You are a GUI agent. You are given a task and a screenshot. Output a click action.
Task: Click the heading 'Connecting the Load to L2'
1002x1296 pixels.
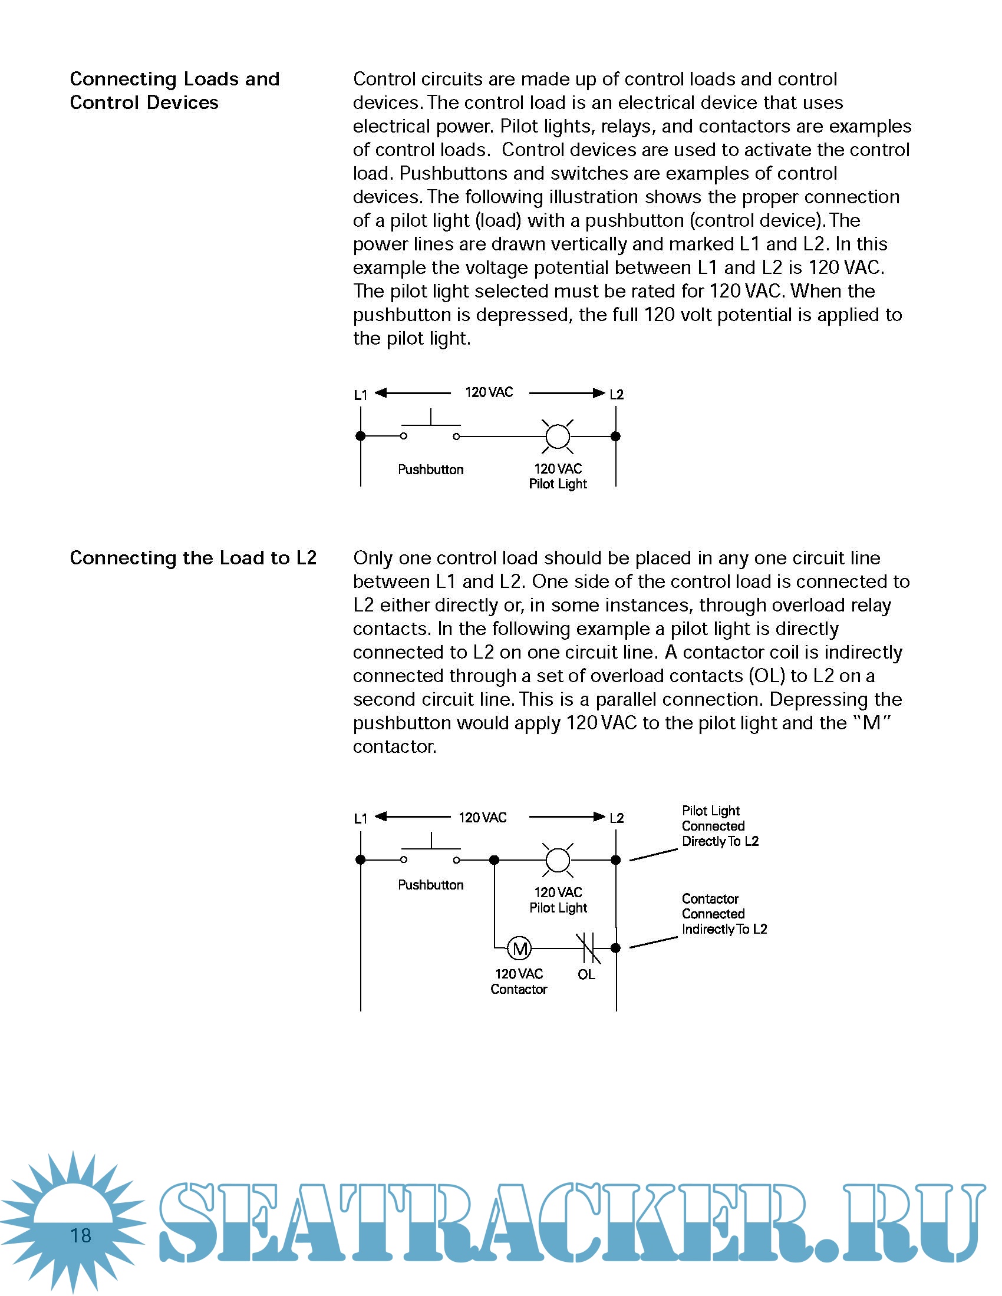point(193,558)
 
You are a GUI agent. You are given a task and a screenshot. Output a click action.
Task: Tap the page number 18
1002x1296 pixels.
point(81,1235)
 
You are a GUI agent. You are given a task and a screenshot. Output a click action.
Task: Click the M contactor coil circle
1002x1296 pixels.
point(520,948)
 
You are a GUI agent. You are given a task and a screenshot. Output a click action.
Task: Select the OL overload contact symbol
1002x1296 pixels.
point(588,948)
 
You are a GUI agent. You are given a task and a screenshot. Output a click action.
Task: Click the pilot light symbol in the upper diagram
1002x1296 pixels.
point(558,436)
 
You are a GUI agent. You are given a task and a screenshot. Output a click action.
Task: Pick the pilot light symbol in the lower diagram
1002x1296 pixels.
point(558,859)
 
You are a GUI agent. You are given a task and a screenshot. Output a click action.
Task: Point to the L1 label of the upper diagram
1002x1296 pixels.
point(360,395)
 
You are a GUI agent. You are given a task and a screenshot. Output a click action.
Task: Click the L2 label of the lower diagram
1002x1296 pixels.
point(617,818)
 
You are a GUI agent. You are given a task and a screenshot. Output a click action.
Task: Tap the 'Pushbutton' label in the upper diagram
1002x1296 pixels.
point(430,470)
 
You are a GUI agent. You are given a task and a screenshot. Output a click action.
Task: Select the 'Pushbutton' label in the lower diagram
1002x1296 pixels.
point(430,885)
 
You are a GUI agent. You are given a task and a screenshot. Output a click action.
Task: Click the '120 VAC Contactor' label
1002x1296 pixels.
point(519,981)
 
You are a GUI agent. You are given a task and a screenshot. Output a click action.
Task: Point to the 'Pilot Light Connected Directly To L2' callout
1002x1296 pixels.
point(720,826)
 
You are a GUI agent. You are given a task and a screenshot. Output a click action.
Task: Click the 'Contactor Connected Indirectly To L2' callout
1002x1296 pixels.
point(724,914)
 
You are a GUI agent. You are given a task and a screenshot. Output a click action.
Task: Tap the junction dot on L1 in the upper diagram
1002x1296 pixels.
point(360,436)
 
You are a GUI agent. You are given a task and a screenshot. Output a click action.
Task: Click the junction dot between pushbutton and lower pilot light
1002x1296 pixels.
point(494,860)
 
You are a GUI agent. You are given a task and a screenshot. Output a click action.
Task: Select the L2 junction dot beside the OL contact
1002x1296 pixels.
point(615,948)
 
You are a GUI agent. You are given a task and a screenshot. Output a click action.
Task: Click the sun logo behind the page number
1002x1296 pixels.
point(72,1222)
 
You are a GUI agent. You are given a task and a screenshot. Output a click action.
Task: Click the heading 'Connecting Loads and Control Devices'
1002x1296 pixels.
point(174,91)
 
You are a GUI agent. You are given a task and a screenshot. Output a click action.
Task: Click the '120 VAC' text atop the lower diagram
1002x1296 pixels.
point(483,818)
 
